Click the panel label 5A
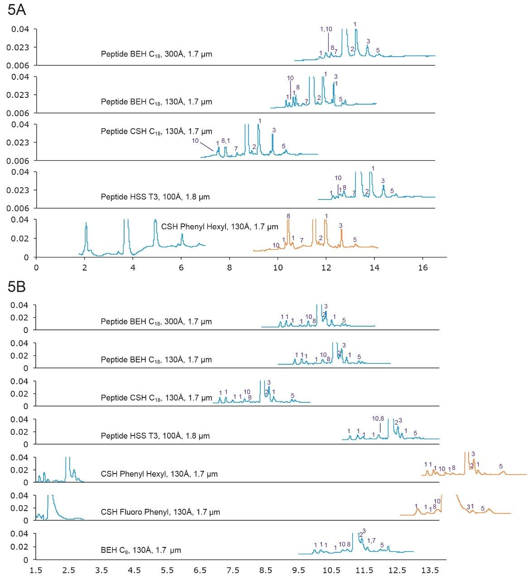click(x=17, y=10)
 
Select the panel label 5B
click(x=17, y=286)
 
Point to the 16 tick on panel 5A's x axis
click(x=422, y=268)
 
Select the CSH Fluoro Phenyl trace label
click(x=160, y=512)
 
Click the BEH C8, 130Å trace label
click(x=141, y=550)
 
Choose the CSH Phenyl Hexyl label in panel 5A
click(x=220, y=227)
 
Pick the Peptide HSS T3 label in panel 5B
click(x=155, y=436)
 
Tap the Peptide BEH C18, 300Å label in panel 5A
click(x=156, y=54)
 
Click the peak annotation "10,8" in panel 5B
click(x=378, y=418)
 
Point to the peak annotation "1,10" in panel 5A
click(x=326, y=29)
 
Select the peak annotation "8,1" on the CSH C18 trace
click(x=225, y=141)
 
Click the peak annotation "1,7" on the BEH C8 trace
click(x=371, y=541)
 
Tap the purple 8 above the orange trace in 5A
click(x=288, y=216)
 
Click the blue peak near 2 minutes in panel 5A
click(x=86, y=224)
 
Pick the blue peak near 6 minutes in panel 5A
click(x=182, y=235)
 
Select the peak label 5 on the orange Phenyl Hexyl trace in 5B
click(x=500, y=466)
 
